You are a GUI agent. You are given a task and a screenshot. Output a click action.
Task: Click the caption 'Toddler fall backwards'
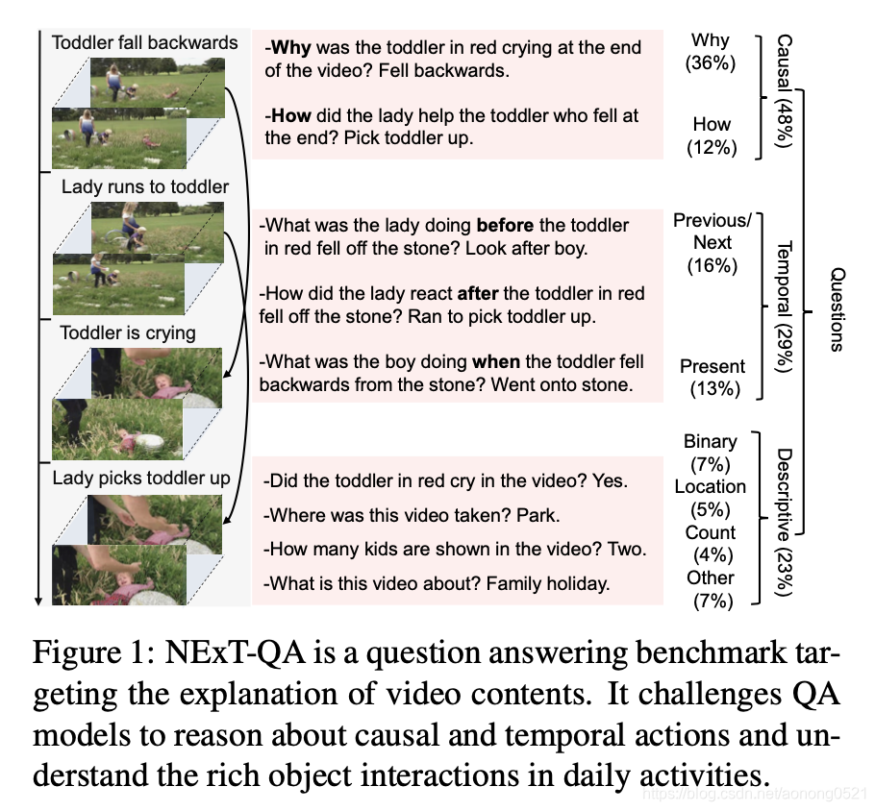coord(144,42)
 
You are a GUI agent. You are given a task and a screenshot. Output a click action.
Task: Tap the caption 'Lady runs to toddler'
coord(144,186)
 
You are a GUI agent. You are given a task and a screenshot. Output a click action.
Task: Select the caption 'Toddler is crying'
coord(128,332)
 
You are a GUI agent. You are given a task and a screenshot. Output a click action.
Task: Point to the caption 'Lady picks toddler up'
coord(141,478)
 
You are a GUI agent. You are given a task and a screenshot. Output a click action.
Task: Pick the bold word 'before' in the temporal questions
coord(505,226)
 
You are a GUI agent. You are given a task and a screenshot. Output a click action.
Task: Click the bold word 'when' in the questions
coord(496,361)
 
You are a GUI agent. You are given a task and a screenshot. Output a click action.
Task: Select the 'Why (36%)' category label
coord(711,52)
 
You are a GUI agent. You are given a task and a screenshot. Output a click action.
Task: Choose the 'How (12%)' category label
coord(711,135)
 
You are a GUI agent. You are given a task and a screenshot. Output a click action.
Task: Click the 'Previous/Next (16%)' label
coord(712,242)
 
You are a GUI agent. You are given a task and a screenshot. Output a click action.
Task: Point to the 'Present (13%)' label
coord(712,378)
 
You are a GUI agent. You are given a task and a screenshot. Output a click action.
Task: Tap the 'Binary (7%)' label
coord(711,453)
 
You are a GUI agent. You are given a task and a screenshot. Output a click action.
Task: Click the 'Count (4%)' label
coord(711,544)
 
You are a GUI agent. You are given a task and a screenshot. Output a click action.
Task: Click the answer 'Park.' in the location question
coord(537,515)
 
